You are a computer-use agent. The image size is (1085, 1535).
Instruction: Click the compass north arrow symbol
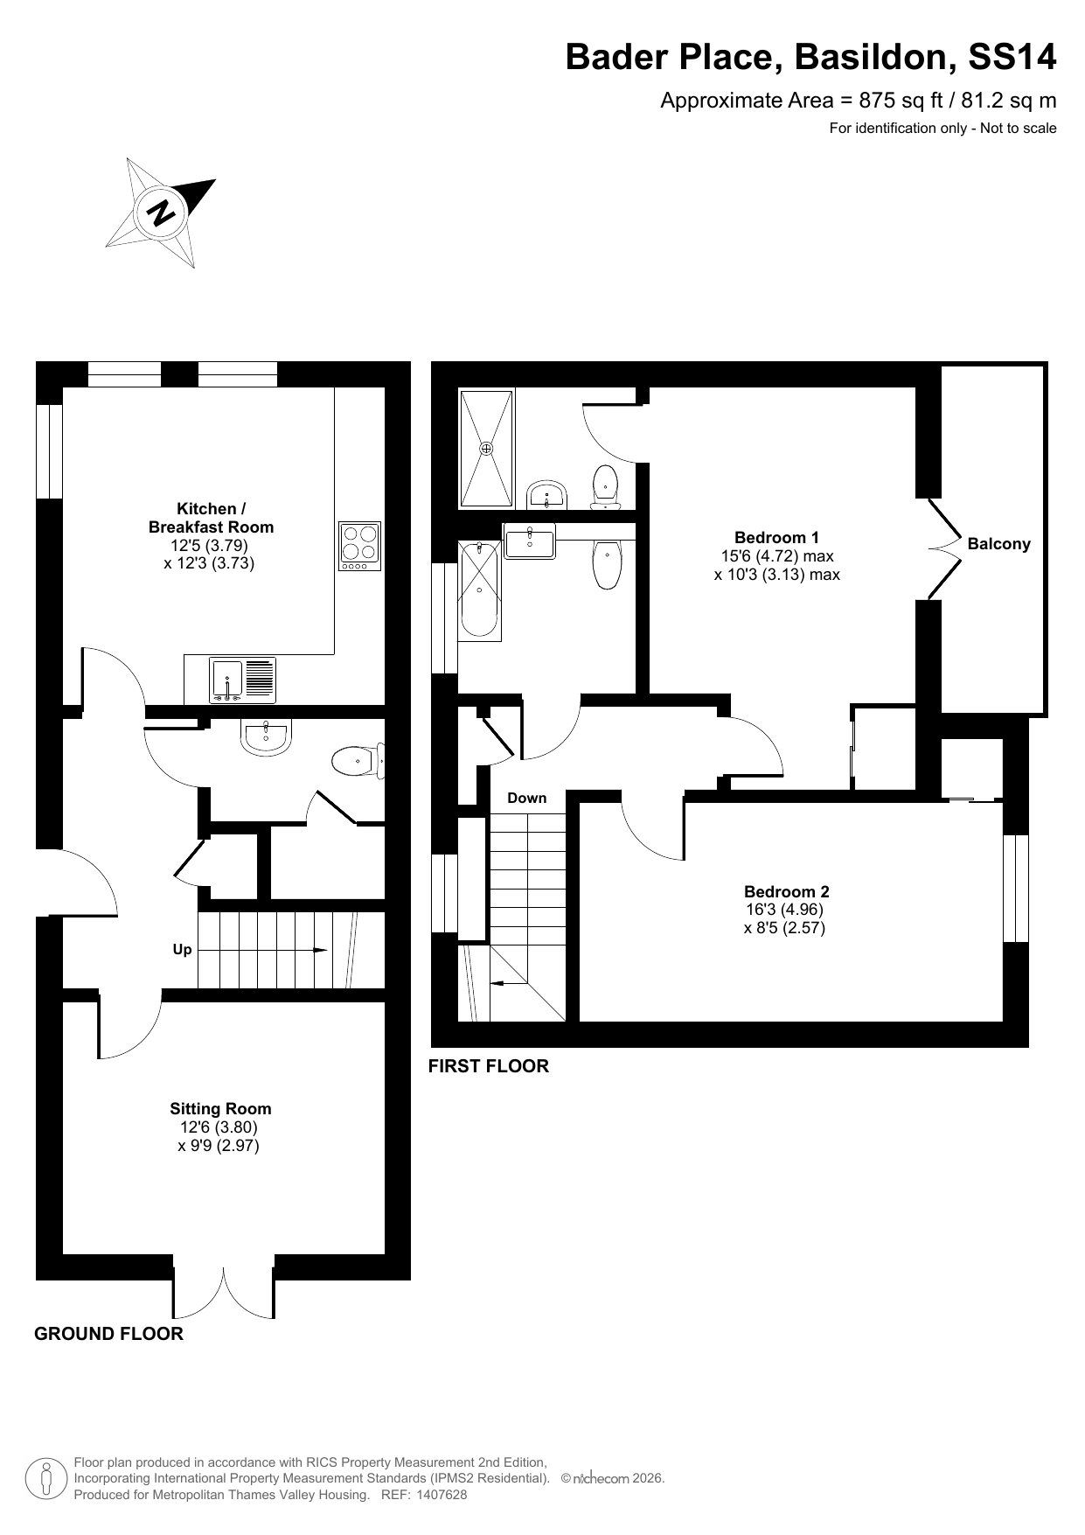[x=161, y=213]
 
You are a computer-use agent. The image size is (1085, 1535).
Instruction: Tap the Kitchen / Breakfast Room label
[x=211, y=518]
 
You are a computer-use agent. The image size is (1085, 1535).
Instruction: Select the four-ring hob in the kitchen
[x=360, y=547]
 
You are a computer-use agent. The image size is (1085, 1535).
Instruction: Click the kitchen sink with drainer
[x=243, y=680]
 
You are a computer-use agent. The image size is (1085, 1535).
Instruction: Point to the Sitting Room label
[x=220, y=1109]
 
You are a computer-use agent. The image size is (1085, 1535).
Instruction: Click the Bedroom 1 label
[x=776, y=538]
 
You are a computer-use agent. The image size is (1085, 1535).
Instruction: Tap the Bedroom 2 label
[x=787, y=892]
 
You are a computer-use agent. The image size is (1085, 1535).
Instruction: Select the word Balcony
[x=998, y=544]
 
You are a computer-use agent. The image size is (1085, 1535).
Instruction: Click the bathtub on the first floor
[x=479, y=590]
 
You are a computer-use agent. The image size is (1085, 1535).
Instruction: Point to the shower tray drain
[x=486, y=448]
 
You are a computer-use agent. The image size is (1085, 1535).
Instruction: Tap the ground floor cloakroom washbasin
[x=266, y=737]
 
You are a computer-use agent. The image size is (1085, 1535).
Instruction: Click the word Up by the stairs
[x=182, y=950]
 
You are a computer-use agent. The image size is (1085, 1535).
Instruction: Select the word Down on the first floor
[x=526, y=798]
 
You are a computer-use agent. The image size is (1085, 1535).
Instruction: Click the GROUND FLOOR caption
[x=108, y=1334]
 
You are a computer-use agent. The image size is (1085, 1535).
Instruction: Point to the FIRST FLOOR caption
[x=489, y=1066]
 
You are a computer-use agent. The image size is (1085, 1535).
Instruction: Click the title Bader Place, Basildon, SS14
[x=810, y=57]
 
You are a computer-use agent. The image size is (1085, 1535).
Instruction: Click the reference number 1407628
[x=442, y=1495]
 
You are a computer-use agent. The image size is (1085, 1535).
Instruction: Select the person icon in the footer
[x=46, y=1478]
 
